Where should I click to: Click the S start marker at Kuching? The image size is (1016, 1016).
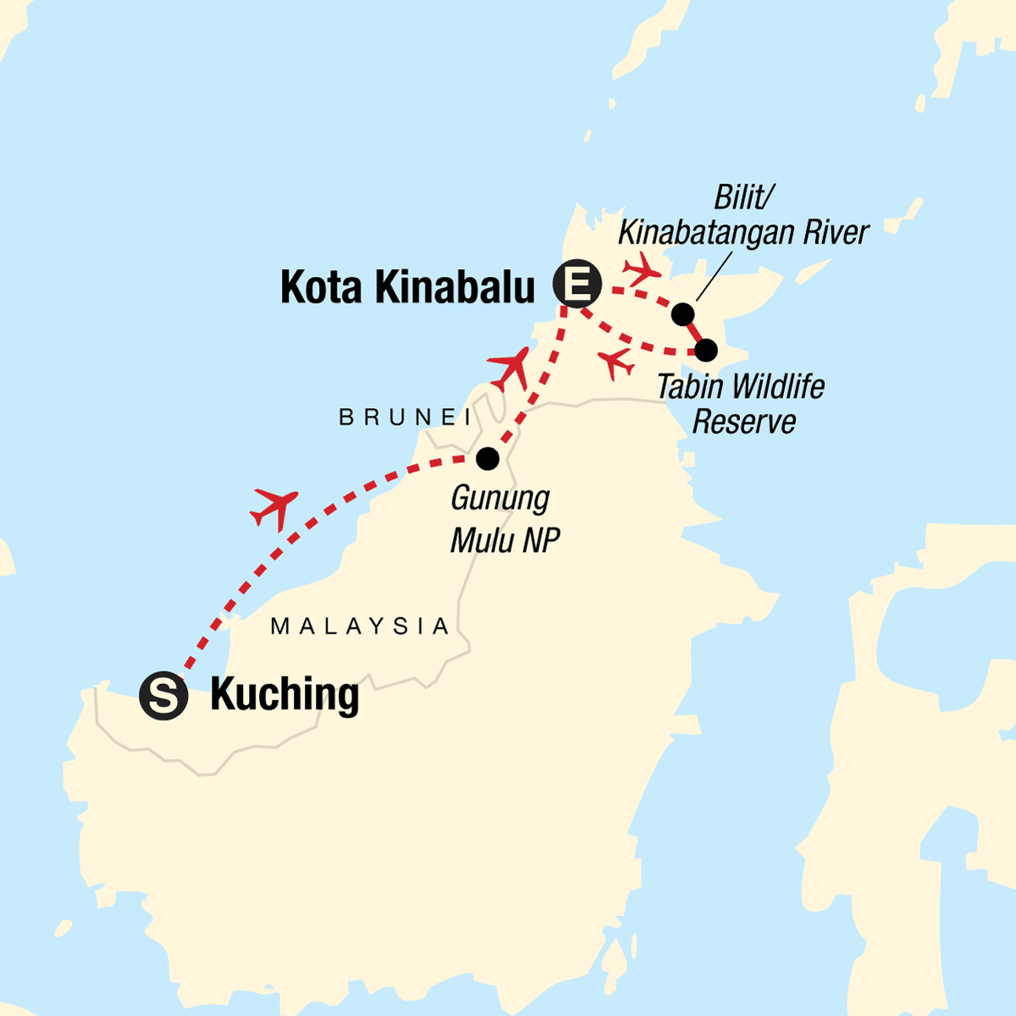[163, 696]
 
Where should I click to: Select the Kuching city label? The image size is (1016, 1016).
[284, 695]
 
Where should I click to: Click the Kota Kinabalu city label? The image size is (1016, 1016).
[408, 287]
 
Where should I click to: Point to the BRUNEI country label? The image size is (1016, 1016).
[406, 417]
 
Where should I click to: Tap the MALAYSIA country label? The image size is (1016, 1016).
[360, 627]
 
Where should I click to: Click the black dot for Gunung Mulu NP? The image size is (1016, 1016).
[487, 458]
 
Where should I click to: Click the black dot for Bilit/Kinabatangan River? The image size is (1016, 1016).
[682, 315]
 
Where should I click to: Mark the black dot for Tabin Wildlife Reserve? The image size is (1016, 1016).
[706, 350]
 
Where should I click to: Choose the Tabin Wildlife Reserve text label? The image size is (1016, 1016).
[742, 404]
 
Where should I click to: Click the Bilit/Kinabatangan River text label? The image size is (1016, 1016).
[744, 215]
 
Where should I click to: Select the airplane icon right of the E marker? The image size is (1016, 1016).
[641, 267]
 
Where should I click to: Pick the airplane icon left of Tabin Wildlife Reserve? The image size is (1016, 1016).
[616, 363]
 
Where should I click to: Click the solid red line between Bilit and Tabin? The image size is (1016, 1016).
[695, 333]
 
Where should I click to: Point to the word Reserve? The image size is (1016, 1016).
[744, 422]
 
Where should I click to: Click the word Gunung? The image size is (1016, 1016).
[500, 498]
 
